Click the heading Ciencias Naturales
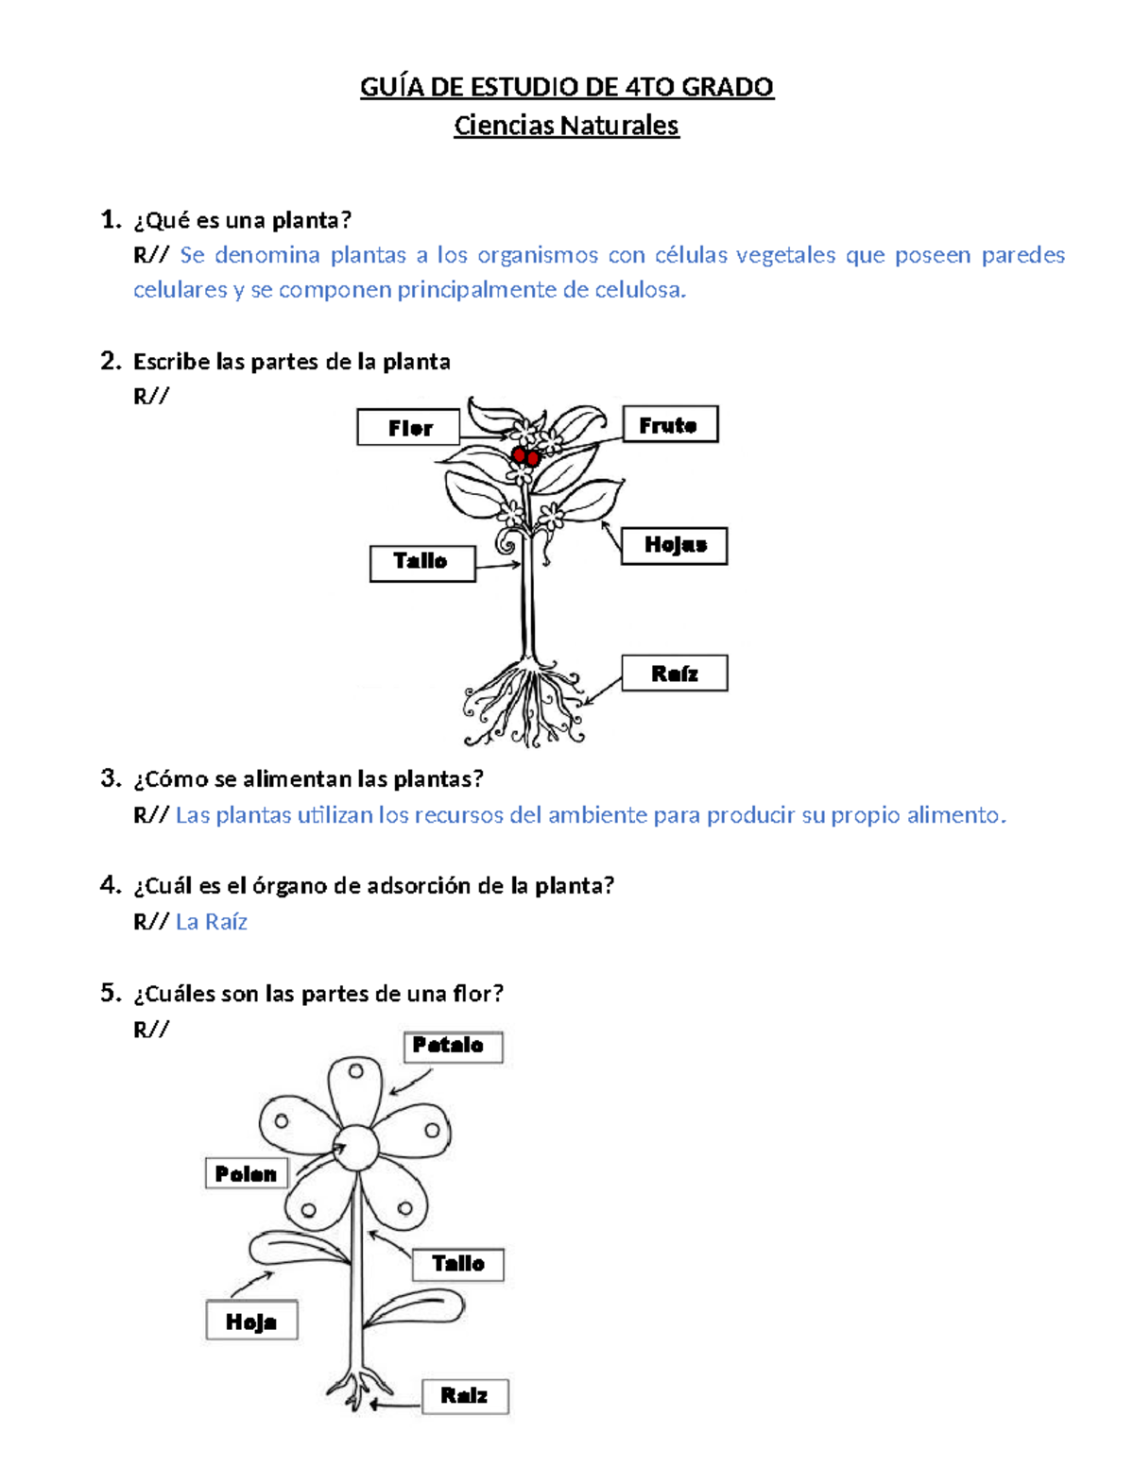click(566, 126)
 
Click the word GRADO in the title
click(728, 87)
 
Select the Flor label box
click(408, 428)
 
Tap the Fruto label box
click(669, 425)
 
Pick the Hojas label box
click(674, 545)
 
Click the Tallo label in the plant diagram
click(421, 562)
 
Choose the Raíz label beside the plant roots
click(674, 674)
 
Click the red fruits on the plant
click(525, 457)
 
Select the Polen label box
click(246, 1174)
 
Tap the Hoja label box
click(251, 1322)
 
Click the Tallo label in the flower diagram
click(458, 1264)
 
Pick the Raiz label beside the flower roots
click(464, 1396)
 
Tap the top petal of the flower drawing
click(355, 1086)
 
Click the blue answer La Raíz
click(212, 922)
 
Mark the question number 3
click(111, 778)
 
